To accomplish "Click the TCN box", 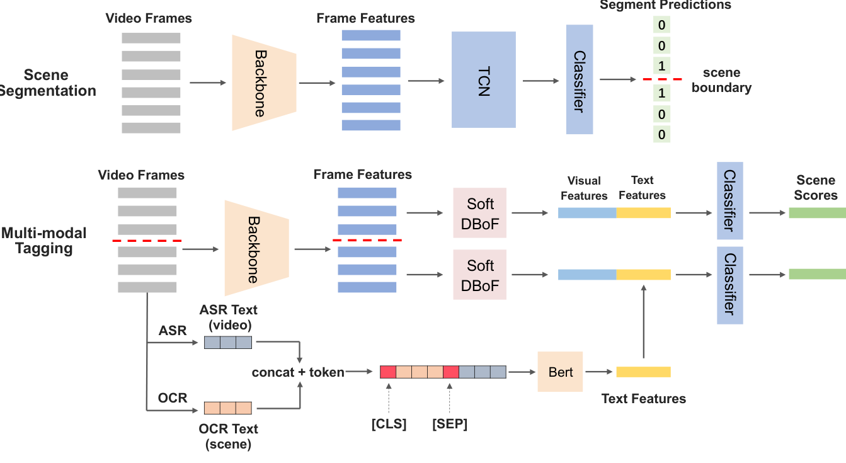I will pyautogui.click(x=483, y=80).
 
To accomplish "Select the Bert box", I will pyautogui.click(x=561, y=372).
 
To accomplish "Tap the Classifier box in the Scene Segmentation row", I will pyautogui.click(x=580, y=79).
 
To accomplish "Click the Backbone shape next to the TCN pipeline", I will pyautogui.click(x=264, y=82).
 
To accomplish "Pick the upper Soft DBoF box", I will pyautogui.click(x=480, y=213).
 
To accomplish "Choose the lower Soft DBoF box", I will pyautogui.click(x=480, y=275).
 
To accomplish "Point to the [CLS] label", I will pyautogui.click(x=389, y=424).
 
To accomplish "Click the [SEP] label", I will pyautogui.click(x=450, y=424).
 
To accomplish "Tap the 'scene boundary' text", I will pyautogui.click(x=721, y=80).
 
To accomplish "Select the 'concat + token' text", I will pyautogui.click(x=298, y=372).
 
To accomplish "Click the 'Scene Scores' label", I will pyautogui.click(x=816, y=188).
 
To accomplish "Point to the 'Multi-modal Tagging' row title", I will pyautogui.click(x=43, y=241).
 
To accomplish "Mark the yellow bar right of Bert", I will pyautogui.click(x=643, y=372).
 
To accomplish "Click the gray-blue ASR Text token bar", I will pyautogui.click(x=228, y=342).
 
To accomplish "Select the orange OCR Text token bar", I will pyautogui.click(x=228, y=408).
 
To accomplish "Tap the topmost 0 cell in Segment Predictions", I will pyautogui.click(x=661, y=26).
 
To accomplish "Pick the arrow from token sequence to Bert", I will pyautogui.click(x=522, y=372).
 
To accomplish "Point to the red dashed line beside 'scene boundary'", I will pyautogui.click(x=662, y=79).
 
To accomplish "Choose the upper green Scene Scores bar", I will pyautogui.click(x=817, y=213).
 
